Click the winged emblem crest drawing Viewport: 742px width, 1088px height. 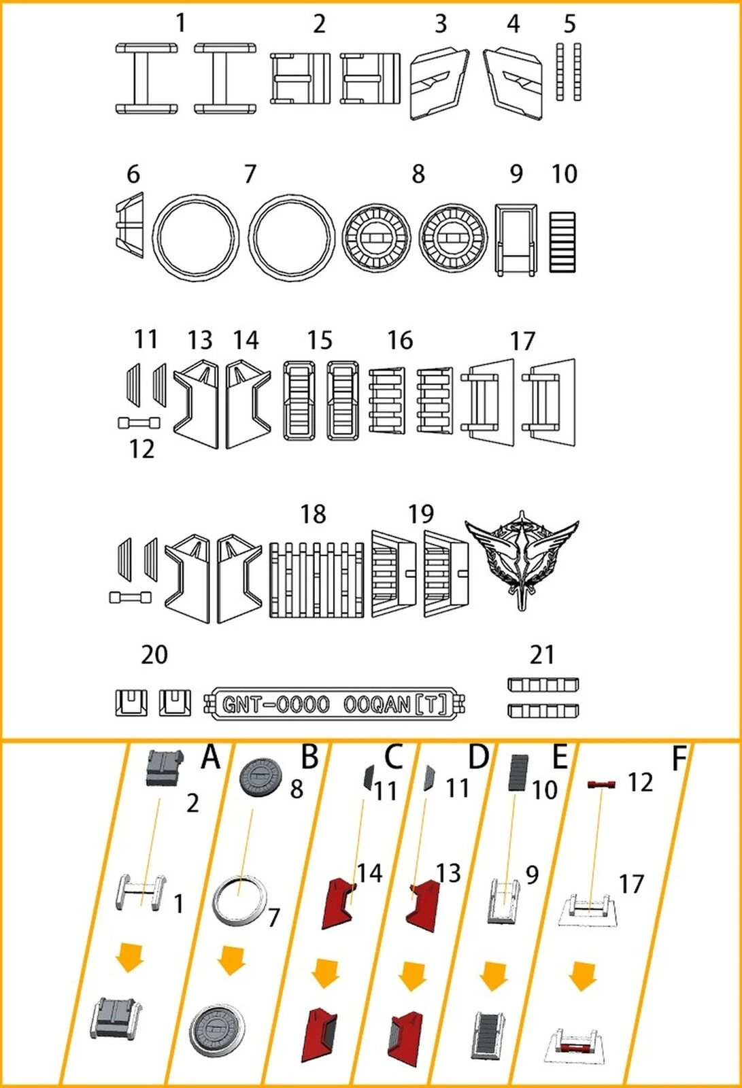pyautogui.click(x=522, y=558)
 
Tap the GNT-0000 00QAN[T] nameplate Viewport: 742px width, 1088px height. pyautogui.click(x=335, y=704)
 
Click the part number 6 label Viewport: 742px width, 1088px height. pyautogui.click(x=133, y=174)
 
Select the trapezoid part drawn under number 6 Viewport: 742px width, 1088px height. pyautogui.click(x=130, y=225)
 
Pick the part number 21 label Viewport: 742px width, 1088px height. pyautogui.click(x=542, y=655)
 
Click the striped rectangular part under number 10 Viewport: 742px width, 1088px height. pyautogui.click(x=562, y=242)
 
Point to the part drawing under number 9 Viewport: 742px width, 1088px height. pyautogui.click(x=516, y=239)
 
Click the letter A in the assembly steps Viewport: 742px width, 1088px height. pyautogui.click(x=210, y=757)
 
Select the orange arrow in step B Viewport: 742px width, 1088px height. pyautogui.click(x=232, y=959)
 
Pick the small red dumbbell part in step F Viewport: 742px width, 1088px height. pyautogui.click(x=602, y=784)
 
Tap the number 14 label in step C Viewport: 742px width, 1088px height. pyautogui.click(x=370, y=873)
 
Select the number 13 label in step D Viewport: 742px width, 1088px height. pyautogui.click(x=448, y=873)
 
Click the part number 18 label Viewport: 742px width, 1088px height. pyautogui.click(x=313, y=514)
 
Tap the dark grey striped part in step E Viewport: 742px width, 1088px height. pyautogui.click(x=519, y=772)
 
